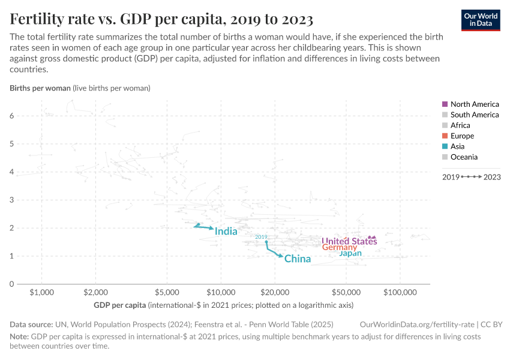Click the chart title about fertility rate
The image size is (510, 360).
tap(161, 19)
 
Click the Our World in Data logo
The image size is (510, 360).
tap(481, 19)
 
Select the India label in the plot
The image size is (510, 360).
tap(226, 232)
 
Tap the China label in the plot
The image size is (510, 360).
tap(298, 259)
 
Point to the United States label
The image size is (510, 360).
tap(349, 242)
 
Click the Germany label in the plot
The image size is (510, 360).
tap(339, 248)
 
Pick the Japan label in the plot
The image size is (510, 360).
tap(350, 254)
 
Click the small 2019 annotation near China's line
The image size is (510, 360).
tap(261, 237)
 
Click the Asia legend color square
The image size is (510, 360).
tap(445, 146)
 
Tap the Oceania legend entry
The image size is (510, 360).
tap(464, 157)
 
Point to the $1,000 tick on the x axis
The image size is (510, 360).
tap(41, 292)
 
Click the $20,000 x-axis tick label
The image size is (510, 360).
tap(275, 292)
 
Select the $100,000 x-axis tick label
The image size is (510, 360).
tap(400, 292)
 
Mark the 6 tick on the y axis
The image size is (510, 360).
tap(11, 116)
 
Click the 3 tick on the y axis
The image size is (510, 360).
tap(11, 200)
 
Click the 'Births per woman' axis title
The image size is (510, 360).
tap(40, 88)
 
